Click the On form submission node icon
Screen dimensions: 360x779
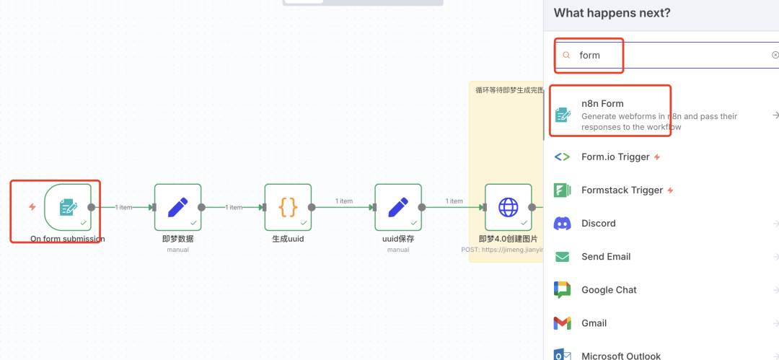click(68, 207)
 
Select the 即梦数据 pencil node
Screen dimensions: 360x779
click(177, 207)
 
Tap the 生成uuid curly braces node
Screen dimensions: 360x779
click(288, 207)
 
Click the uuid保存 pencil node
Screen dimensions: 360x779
click(397, 207)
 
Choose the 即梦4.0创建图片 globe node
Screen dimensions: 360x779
click(508, 207)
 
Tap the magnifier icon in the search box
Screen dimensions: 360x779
click(566, 55)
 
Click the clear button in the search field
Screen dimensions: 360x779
click(775, 55)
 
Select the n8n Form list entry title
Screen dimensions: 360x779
click(602, 104)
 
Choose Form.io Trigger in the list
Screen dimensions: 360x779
click(615, 157)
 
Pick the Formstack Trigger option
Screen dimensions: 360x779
click(622, 190)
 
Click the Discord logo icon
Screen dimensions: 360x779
click(563, 224)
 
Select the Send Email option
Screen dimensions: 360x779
click(606, 257)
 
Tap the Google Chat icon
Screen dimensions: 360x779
click(563, 290)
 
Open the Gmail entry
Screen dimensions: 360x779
click(594, 323)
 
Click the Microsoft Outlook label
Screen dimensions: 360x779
click(621, 356)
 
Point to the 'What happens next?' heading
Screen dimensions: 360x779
click(612, 13)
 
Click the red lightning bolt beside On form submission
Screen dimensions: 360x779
click(32, 207)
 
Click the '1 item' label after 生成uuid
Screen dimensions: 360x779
click(343, 201)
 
